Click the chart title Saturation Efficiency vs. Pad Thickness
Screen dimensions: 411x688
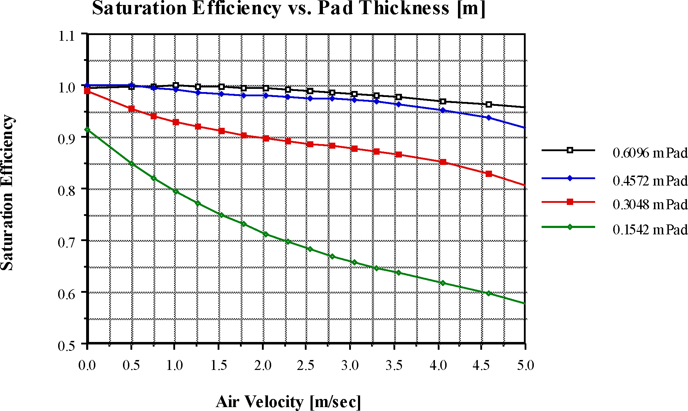288,8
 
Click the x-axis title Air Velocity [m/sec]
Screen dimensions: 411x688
288,401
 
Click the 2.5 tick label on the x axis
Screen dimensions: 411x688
306,365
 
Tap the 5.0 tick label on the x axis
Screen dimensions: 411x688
525,365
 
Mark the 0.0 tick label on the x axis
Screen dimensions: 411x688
87,365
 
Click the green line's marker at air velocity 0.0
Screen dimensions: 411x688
87,130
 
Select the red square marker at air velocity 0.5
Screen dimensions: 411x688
132,109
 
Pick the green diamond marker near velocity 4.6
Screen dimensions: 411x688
489,293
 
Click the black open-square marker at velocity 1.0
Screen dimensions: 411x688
176,85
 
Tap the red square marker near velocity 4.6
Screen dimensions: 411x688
489,174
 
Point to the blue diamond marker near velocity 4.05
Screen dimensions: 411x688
443,110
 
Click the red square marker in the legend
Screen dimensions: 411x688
570,202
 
